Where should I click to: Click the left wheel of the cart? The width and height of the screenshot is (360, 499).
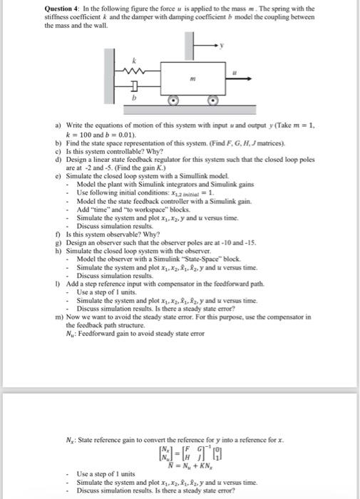[173, 101]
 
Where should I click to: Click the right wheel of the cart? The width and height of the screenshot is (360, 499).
[212, 101]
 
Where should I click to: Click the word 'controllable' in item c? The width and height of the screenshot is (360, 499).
[113, 150]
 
